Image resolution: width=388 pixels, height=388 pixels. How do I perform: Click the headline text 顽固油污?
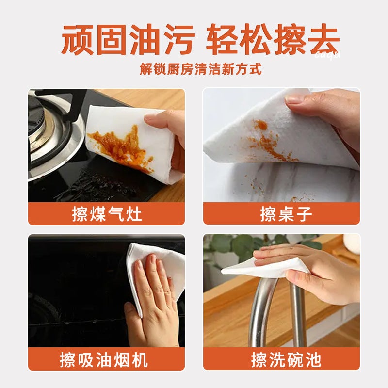[x=128, y=41]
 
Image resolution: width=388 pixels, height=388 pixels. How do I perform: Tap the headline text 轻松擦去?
[x=272, y=41]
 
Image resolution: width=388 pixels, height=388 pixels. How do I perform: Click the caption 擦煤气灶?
[x=107, y=214]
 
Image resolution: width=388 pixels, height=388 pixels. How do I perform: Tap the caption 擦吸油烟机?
[x=107, y=359]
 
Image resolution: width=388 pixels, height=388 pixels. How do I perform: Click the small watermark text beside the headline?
[x=328, y=54]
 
